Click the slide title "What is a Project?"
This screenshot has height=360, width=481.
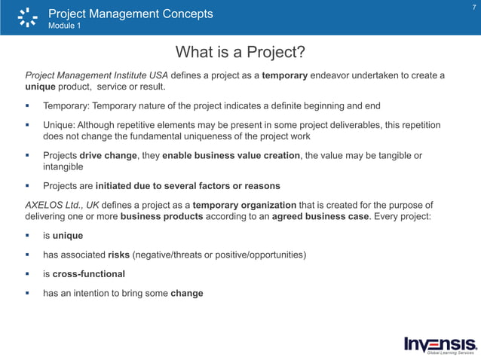tap(240, 52)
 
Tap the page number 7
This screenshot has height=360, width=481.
tap(473, 8)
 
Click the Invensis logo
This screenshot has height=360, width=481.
tap(440, 343)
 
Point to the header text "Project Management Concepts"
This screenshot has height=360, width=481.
tap(130, 14)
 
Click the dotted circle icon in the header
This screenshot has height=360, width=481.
tap(27, 17)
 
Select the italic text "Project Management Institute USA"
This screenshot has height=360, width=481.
tap(97, 75)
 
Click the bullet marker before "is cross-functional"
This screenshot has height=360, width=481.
tap(28, 273)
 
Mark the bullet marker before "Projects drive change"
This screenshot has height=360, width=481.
tap(28, 156)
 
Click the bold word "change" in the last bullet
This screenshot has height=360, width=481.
tap(187, 293)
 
